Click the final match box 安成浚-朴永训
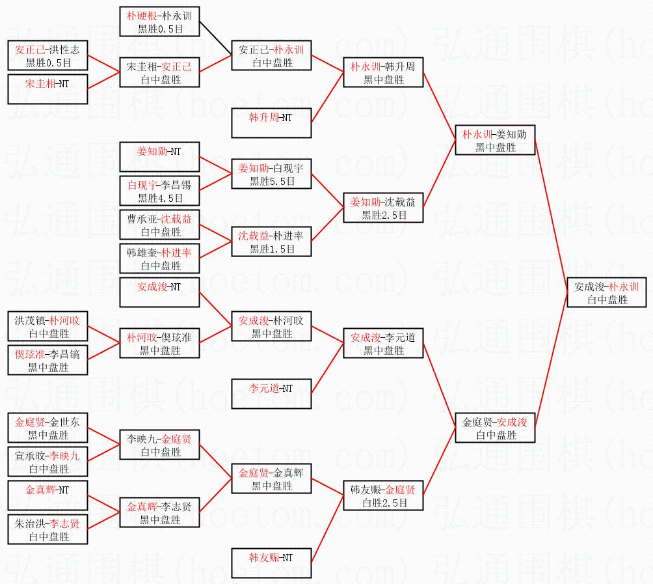tap(606, 293)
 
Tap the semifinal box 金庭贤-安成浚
tap(495, 428)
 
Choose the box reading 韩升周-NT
tap(271, 124)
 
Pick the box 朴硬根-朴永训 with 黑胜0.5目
tap(160, 21)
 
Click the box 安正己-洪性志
tap(48, 56)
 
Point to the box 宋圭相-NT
tap(48, 90)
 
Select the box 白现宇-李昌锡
tap(160, 191)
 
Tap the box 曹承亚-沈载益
tap(160, 225)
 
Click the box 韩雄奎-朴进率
tap(160, 259)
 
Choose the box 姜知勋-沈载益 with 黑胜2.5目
tap(384, 208)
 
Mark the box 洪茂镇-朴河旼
tap(48, 327)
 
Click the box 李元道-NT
tap(271, 395)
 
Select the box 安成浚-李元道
tap(384, 344)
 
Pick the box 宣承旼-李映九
tap(48, 462)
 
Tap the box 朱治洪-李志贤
tap(48, 530)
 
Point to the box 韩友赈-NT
tap(271, 564)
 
